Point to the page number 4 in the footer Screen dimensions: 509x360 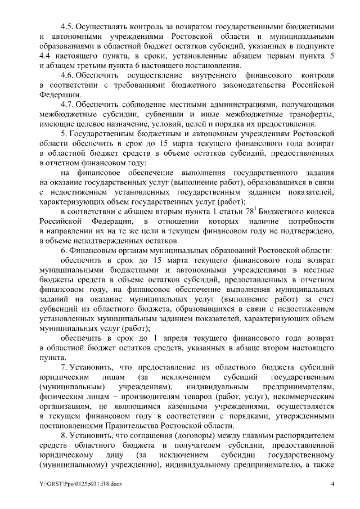click(x=332, y=484)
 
